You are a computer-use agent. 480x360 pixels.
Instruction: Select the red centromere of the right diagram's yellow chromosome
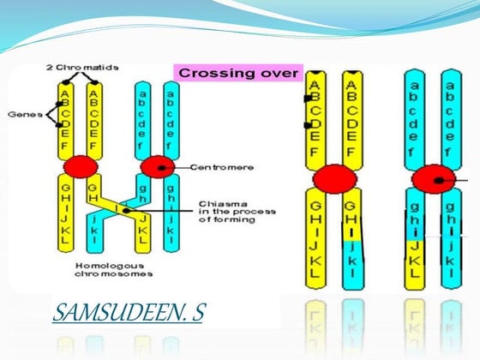tap(334, 180)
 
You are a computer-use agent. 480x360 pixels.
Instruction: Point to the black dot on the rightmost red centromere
tap(440, 181)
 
